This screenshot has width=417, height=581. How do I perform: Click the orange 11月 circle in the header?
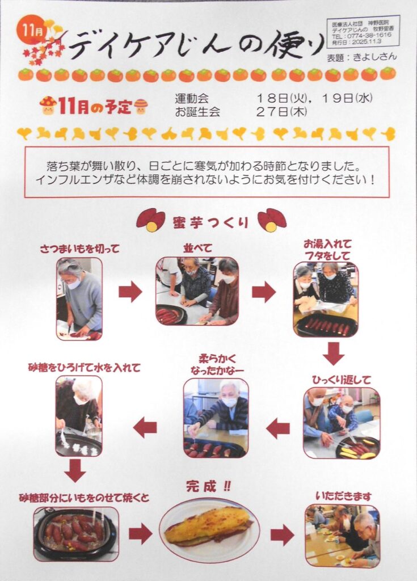pyautogui.click(x=32, y=30)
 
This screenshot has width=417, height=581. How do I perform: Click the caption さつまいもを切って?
pyautogui.click(x=79, y=249)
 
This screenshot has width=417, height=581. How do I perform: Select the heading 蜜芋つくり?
pyautogui.click(x=210, y=222)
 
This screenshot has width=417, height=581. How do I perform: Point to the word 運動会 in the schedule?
pyautogui.click(x=192, y=99)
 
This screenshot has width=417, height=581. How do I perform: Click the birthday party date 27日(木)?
pyautogui.click(x=281, y=112)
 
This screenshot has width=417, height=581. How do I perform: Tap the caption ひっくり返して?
pyautogui.click(x=341, y=380)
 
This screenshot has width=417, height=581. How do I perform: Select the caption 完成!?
pyautogui.click(x=208, y=486)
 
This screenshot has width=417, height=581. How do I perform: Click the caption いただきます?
pyautogui.click(x=343, y=496)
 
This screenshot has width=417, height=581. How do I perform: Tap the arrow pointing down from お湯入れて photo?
pyautogui.click(x=333, y=353)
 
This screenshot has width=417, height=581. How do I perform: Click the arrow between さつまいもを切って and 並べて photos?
pyautogui.click(x=130, y=292)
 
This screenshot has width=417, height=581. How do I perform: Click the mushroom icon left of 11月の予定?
pyautogui.click(x=48, y=106)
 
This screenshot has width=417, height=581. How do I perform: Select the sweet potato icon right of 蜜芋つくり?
pyautogui.click(x=272, y=220)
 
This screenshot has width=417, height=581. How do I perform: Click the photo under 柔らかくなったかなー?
pyautogui.click(x=216, y=418)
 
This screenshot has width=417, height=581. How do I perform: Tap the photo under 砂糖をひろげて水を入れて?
pyautogui.click(x=79, y=416)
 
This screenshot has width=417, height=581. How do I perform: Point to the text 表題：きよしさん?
pyautogui.click(x=362, y=57)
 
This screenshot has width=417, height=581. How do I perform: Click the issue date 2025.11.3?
pyautogui.click(x=367, y=42)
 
